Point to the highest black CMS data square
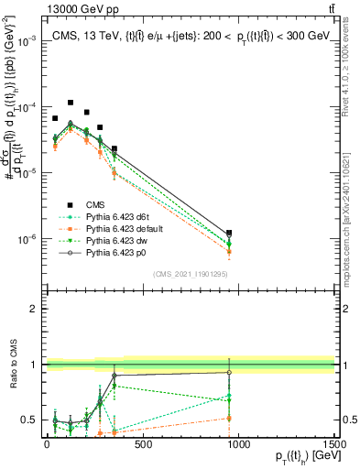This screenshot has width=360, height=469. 71,104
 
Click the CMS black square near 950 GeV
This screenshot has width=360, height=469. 229,234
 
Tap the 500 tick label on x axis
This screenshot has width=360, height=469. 142,443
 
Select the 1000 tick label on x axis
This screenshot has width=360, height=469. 238,443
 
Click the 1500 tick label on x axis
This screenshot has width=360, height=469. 333,443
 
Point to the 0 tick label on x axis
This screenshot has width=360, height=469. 47,443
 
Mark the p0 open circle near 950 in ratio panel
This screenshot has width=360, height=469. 229,372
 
